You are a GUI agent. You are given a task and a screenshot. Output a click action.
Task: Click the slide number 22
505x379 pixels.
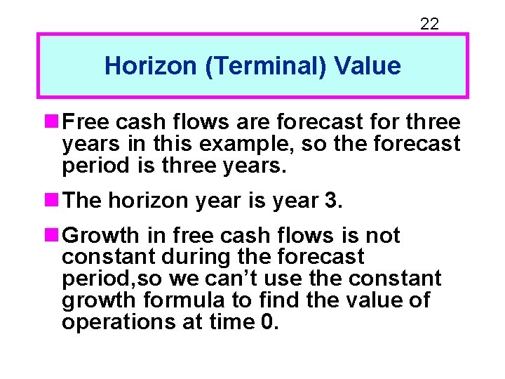(429, 24)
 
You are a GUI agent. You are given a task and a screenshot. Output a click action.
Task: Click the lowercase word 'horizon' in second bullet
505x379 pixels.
(142, 201)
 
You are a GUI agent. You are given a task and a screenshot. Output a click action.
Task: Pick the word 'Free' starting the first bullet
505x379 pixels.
(86, 123)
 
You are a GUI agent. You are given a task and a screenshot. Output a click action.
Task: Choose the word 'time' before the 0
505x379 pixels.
(233, 322)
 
